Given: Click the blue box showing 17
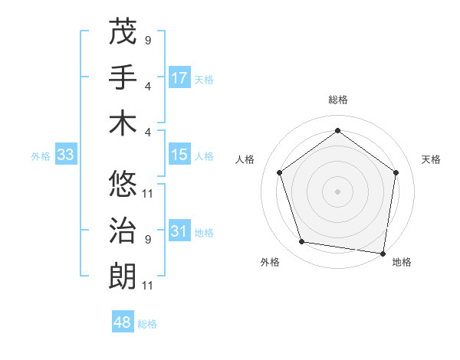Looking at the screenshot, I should pos(179,78).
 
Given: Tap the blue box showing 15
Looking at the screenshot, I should pos(179,155).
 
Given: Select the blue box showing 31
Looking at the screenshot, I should pos(179,232).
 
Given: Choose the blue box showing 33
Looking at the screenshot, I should pos(66,155).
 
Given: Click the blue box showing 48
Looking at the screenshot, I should pos(123,323).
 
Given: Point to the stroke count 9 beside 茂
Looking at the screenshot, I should pos(148,39).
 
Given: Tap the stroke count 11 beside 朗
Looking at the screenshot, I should pos(148,286).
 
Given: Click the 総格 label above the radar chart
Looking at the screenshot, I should pos(337,100).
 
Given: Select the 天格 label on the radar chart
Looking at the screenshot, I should pos(432,159).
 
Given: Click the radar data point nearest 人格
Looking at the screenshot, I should pos(279,172).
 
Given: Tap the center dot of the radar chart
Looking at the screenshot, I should pos(337,191).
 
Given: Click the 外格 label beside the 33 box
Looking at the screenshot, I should pos(41,156).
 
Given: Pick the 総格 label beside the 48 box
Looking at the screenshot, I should pos(147,324).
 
